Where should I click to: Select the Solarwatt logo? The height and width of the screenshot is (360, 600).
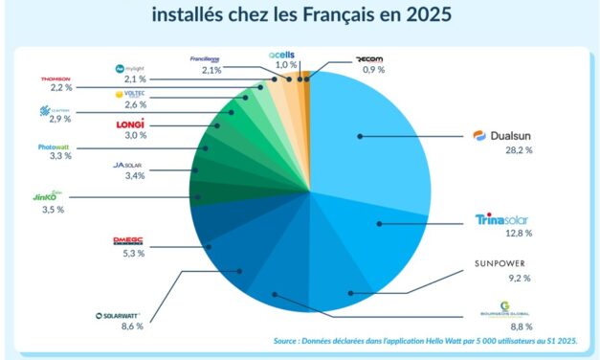120,314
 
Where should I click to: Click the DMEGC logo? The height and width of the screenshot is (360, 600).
127,240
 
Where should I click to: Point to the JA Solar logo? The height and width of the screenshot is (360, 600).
127,165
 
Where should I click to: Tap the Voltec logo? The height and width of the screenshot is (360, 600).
129,95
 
